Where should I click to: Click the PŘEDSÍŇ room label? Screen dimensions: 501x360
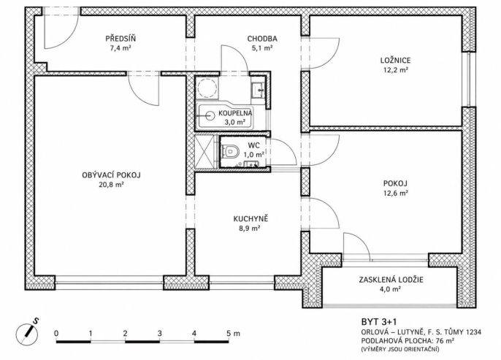(121, 39)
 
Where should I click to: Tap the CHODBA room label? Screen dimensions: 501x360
(262, 39)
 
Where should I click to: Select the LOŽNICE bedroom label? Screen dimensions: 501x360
(395, 60)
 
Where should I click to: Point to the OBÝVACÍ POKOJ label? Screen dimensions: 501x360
(111, 175)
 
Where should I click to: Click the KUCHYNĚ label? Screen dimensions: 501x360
(250, 219)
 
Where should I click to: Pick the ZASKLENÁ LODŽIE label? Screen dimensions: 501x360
(391, 280)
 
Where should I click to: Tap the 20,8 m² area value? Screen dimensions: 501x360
(111, 184)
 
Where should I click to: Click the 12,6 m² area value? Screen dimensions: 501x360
(395, 193)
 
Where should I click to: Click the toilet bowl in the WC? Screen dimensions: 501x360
(230, 150)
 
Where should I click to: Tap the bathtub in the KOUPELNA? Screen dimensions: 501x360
(229, 115)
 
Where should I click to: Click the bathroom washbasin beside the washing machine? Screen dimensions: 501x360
(258, 90)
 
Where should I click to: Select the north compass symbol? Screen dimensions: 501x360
(28, 332)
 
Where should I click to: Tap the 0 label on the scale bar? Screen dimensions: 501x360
(56, 334)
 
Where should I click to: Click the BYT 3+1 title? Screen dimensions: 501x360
(379, 321)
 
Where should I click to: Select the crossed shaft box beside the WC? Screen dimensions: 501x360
(204, 152)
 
